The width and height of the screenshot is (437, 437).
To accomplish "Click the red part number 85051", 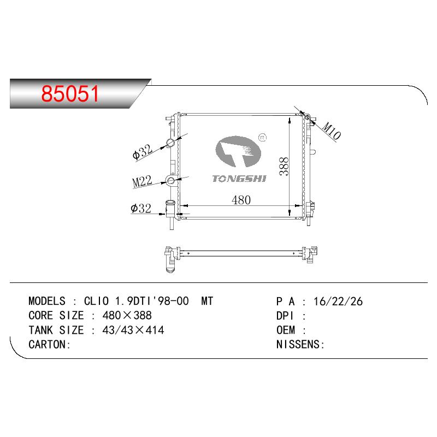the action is [x=70, y=93].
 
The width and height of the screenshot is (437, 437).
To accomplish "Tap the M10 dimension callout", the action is [x=331, y=131].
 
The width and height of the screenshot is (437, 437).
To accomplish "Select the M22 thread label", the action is [x=142, y=181].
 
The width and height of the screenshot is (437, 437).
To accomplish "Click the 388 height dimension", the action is [x=284, y=167].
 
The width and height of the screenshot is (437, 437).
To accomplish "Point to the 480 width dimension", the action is [x=241, y=200].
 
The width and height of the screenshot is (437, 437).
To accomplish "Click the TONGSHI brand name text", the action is [x=239, y=179].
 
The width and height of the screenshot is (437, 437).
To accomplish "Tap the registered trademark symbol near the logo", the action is [x=263, y=137].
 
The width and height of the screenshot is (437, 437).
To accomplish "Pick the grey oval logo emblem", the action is [x=238, y=151].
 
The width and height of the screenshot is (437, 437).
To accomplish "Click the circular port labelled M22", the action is [x=170, y=180].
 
